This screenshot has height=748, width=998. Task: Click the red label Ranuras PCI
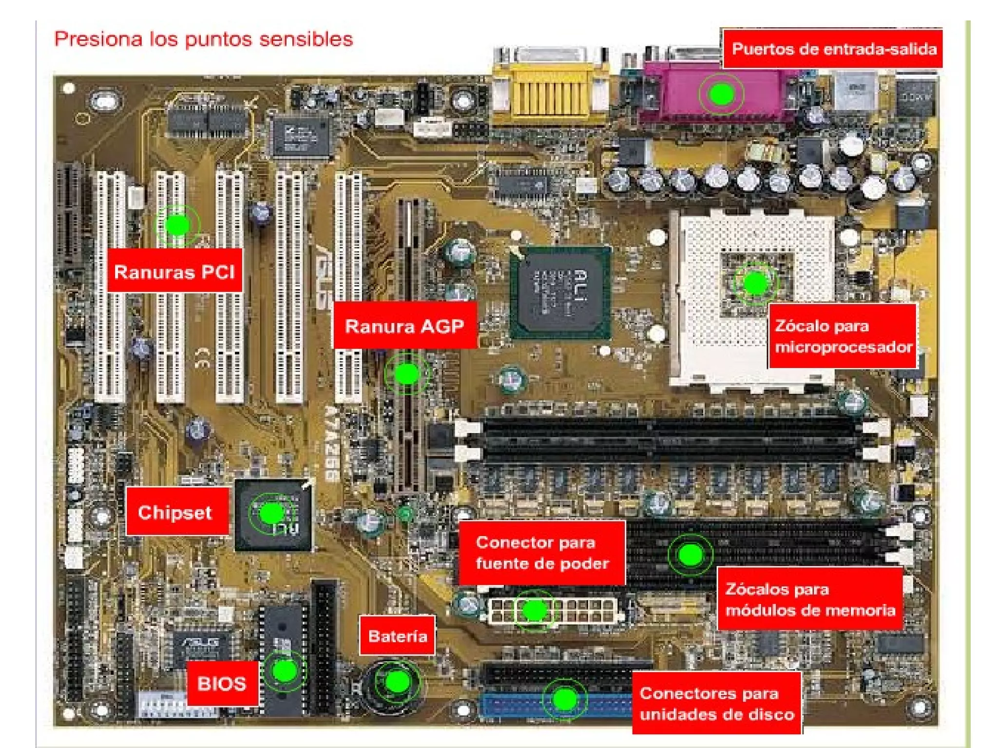174,271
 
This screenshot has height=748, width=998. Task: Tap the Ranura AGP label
404,325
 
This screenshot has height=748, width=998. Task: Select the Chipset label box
176,512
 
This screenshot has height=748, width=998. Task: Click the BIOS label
222,683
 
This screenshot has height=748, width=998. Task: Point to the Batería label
397,636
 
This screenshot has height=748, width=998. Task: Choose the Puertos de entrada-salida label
833,49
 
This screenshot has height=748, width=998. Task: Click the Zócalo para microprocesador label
843,336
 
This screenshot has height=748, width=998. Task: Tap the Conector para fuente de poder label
542,553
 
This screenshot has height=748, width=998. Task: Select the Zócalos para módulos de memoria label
810,599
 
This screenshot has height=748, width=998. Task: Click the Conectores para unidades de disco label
717,703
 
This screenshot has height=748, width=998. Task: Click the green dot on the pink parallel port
721,94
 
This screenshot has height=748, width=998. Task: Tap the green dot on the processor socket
755,283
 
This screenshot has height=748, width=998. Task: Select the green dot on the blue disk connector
565,699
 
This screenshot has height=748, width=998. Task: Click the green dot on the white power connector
535,610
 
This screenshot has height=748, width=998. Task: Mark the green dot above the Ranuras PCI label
177,225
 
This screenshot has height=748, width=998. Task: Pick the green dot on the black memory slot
690,554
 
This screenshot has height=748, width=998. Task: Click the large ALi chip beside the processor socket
560,292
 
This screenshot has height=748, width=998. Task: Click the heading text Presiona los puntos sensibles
204,39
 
